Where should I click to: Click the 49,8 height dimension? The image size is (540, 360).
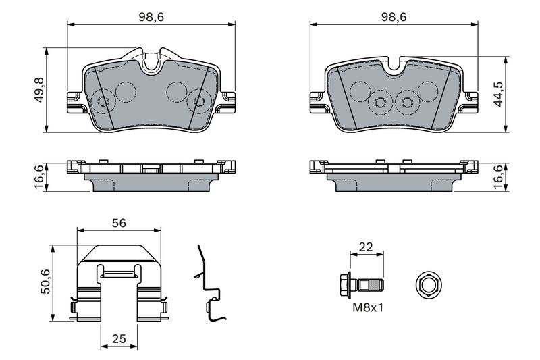coord(38,89)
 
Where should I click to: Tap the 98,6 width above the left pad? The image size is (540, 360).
coord(152,17)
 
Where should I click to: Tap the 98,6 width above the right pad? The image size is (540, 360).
coord(394,17)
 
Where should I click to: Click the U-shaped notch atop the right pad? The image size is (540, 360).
coord(394,66)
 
